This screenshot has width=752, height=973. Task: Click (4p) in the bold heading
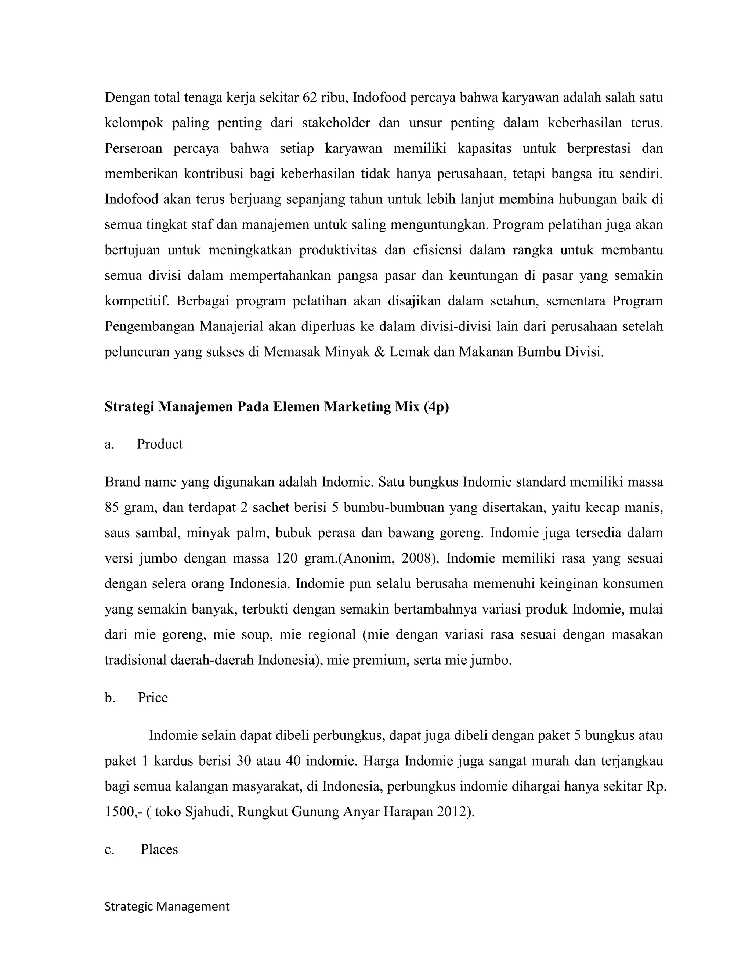pos(436,407)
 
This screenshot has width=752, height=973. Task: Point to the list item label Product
pos(159,444)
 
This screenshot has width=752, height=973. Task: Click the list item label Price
pos(153,697)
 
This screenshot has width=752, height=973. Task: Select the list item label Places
pos(159,849)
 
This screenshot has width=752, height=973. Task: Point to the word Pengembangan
pos(149,326)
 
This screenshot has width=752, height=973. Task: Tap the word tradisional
pos(135,660)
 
